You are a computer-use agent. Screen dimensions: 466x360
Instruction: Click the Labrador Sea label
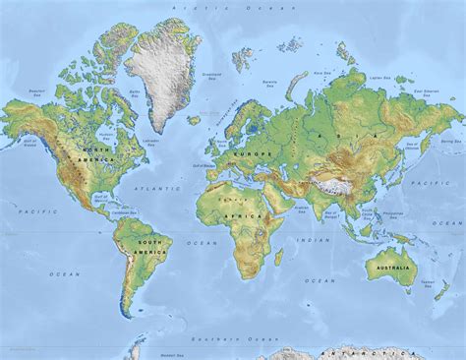pos(149,141)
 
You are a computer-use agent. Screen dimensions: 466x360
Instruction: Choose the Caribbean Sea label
pos(124,212)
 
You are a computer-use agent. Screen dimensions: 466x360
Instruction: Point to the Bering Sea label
pos(449,142)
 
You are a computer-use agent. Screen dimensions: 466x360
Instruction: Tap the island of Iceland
pos(194,121)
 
